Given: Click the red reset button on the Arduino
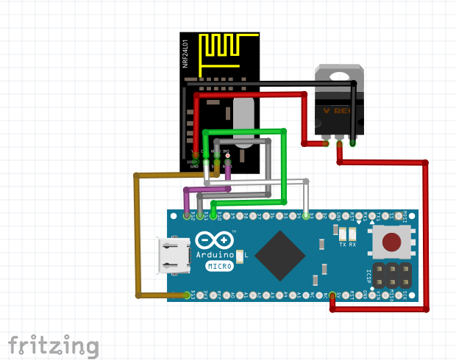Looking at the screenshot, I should pos(393,241).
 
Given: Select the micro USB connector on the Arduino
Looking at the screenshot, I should pos(173,256).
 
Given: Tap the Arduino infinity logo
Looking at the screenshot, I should pos(215,241).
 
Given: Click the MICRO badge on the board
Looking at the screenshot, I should pos(218,266).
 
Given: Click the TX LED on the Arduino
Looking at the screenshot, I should pos(342,232).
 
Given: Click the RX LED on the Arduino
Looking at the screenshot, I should pos(353,232).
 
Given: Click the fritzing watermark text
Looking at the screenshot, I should pos(53,345).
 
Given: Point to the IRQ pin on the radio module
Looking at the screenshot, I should pos(227,156).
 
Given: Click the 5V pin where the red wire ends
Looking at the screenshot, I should pos(332,295).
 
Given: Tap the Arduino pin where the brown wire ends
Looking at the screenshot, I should pos(188,295).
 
